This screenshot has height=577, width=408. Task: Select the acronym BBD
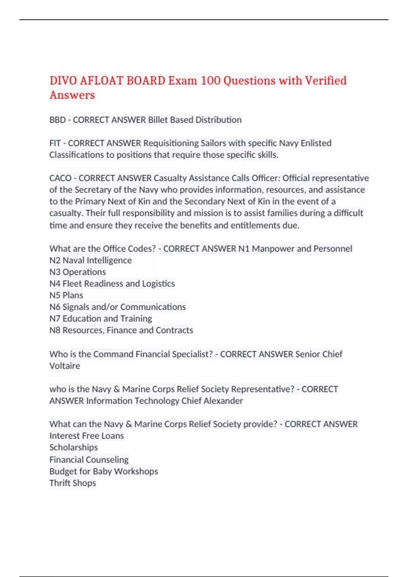tap(57, 120)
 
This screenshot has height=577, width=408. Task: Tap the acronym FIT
tap(55, 143)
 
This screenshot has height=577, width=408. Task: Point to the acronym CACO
tap(60, 178)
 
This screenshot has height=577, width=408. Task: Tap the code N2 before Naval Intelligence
tap(55, 260)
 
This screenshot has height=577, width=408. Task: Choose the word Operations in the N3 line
tap(84, 272)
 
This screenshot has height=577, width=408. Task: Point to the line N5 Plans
tap(66, 295)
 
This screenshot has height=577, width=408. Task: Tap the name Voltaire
tap(65, 366)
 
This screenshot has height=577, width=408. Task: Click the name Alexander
tap(223, 401)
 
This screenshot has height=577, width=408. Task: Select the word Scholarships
tap(73, 447)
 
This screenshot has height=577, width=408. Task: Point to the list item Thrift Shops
tap(73, 483)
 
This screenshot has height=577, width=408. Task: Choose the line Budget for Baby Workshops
tap(104, 471)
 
